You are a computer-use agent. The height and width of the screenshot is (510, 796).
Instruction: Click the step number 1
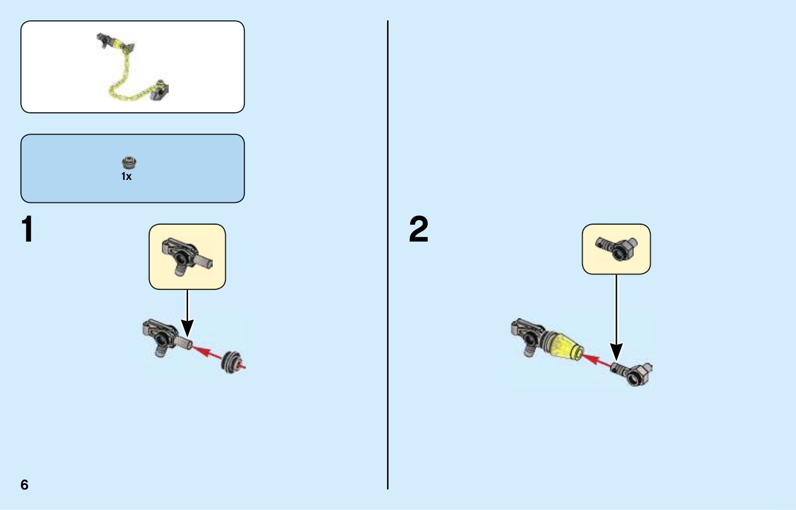[27, 230]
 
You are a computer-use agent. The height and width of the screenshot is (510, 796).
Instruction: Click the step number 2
[418, 230]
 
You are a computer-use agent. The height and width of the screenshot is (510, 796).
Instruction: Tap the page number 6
[24, 485]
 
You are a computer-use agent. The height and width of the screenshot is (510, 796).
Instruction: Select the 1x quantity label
[126, 176]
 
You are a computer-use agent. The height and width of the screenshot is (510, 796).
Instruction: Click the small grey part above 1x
[129, 163]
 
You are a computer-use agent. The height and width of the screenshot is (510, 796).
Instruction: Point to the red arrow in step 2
[596, 360]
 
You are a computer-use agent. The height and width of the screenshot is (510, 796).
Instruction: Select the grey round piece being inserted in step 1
[232, 362]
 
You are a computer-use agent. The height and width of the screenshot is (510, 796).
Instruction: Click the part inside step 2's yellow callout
[616, 248]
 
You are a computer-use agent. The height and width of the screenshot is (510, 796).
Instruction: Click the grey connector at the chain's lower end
[160, 90]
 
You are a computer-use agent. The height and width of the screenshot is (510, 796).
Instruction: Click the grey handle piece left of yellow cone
[528, 336]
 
